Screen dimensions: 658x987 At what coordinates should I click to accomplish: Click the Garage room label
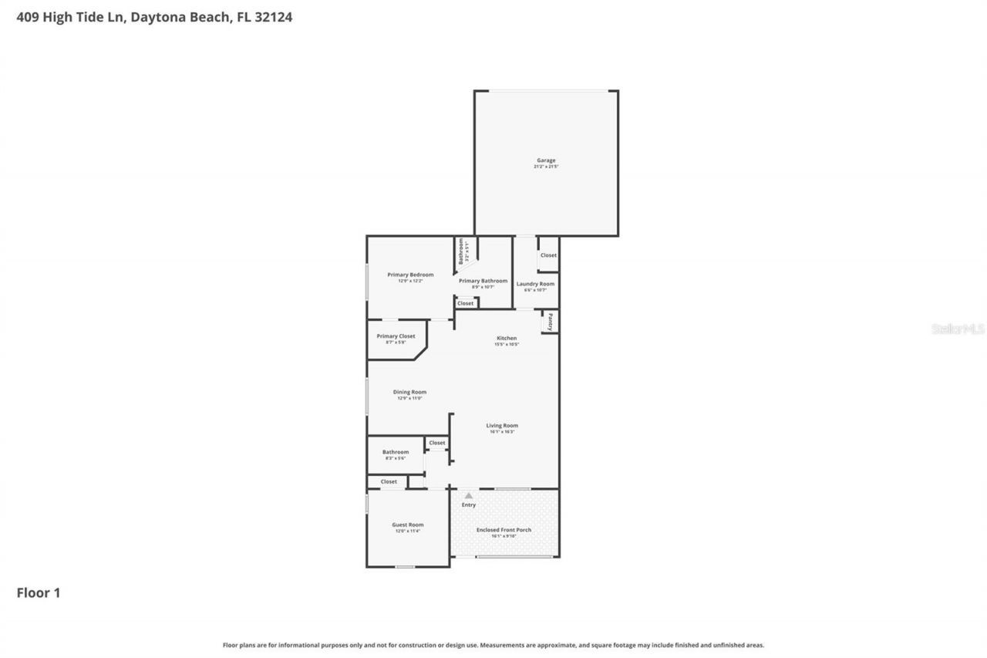pos(545,160)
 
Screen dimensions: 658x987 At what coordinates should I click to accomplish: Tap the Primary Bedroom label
pos(410,275)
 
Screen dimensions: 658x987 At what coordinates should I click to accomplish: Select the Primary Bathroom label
pos(483,281)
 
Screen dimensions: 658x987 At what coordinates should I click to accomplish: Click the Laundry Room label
pos(535,284)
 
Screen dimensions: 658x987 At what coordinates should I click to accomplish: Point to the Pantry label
pos(551,321)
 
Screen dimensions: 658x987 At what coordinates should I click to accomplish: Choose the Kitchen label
pos(507,339)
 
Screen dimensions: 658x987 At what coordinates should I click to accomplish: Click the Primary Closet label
pos(396,336)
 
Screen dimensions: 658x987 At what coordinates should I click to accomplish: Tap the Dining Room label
pos(409,392)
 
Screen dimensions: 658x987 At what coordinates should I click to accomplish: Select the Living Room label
pos(502,425)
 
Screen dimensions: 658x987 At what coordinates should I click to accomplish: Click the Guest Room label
pos(407,525)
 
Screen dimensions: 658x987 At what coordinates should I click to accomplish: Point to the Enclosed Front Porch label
pos(504,530)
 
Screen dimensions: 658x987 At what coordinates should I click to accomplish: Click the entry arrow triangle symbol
pos(468,496)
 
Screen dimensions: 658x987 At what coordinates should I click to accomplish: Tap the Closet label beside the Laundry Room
pos(548,255)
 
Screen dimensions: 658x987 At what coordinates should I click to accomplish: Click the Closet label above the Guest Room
pos(389,481)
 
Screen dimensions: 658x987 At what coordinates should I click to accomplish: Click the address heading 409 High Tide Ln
pos(154,17)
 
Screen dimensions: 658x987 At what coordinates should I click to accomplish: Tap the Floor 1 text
pos(39,592)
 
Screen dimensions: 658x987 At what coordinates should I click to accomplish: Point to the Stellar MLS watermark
pos(958,329)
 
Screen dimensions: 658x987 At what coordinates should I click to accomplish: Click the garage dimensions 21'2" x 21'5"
pos(545,167)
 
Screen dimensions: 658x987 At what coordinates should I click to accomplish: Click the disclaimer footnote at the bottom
pos(493,645)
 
